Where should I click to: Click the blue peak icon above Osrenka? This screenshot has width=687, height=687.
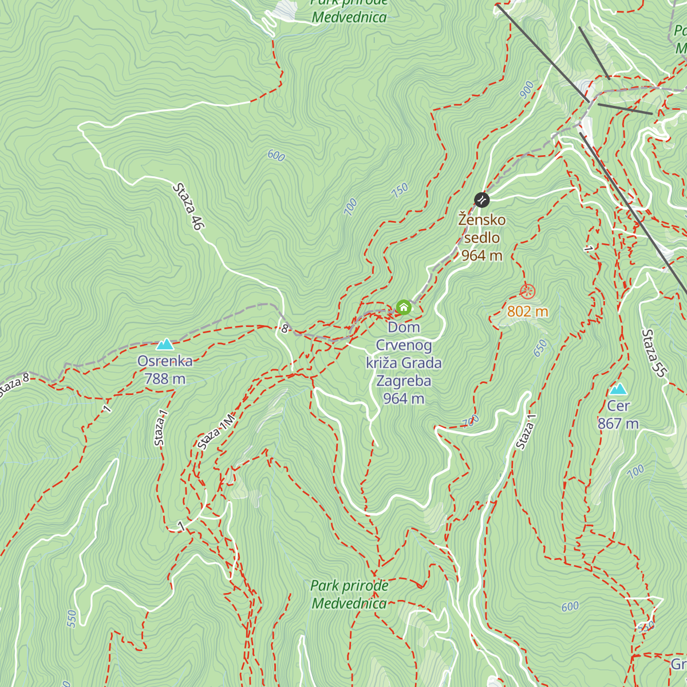tap(165, 344)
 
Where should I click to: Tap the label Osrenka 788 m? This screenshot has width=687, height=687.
tap(165, 370)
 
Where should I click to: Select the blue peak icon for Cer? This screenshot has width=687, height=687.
tap(618, 389)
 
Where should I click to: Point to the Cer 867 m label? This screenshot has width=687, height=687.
tap(618, 415)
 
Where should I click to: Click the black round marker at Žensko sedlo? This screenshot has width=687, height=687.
tap(482, 200)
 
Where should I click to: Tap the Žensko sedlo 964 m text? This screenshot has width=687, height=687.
tap(482, 238)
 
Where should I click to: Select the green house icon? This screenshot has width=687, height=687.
tap(404, 307)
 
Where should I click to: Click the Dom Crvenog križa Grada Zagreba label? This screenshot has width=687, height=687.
tap(404, 363)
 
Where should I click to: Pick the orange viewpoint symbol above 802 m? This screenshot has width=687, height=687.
tap(527, 291)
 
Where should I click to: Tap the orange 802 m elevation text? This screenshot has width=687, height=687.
tap(527, 311)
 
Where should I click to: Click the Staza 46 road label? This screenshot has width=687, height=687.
tap(188, 207)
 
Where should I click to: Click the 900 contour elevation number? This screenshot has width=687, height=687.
tap(527, 90)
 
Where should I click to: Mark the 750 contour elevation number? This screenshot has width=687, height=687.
tap(400, 190)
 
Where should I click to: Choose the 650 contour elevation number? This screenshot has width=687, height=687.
tap(540, 348)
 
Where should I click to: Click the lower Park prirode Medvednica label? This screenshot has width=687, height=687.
tap(349, 594)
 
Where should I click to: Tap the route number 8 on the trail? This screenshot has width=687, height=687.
tap(285, 329)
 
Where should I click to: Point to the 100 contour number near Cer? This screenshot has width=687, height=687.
tap(635, 472)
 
